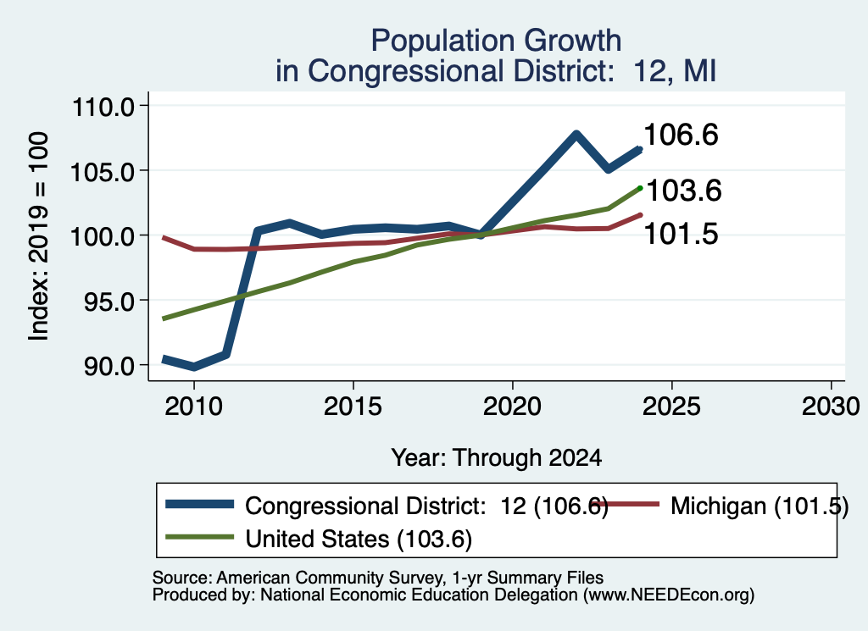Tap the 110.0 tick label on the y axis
(x=103, y=106)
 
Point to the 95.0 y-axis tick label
(x=109, y=301)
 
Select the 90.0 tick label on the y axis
(x=109, y=366)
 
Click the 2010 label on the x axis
(x=194, y=407)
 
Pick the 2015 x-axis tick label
(x=353, y=407)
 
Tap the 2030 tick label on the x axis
(x=831, y=407)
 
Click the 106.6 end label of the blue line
(x=682, y=135)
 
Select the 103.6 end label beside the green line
(x=684, y=191)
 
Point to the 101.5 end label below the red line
(x=682, y=234)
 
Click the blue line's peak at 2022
(x=576, y=134)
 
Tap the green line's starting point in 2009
(x=164, y=318)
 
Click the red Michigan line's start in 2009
(x=164, y=238)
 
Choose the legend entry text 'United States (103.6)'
(x=359, y=540)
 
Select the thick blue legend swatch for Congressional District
(x=199, y=504)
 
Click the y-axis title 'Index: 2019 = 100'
(x=39, y=236)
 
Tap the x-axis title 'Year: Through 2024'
(x=497, y=458)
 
